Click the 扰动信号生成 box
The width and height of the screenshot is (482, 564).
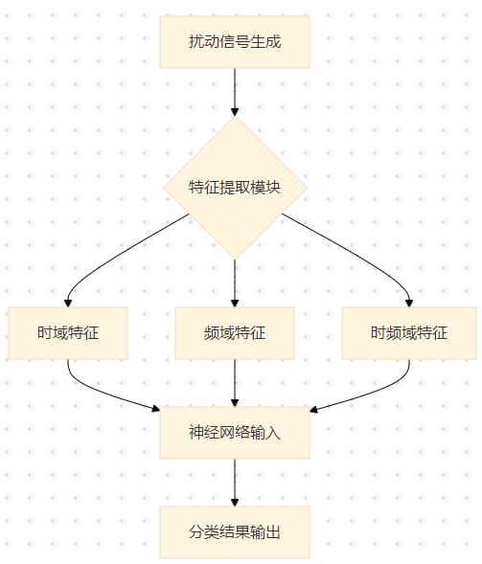point(235,42)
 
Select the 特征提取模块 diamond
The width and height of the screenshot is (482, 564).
point(235,188)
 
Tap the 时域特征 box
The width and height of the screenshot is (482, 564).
point(68,333)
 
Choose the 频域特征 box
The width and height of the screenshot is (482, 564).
point(235,333)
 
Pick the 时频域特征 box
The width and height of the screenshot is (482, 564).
point(409,333)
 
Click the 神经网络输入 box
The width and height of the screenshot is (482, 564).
point(235,432)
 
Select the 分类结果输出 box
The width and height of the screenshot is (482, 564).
point(235,531)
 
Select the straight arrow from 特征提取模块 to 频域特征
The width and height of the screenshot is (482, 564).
point(235,282)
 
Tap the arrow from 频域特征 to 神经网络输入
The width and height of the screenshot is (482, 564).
point(235,383)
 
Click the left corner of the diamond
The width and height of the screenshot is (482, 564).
point(165,188)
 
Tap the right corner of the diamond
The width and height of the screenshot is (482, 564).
point(306,188)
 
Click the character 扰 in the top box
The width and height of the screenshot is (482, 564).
point(196,42)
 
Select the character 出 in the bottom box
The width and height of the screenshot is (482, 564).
point(273,531)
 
